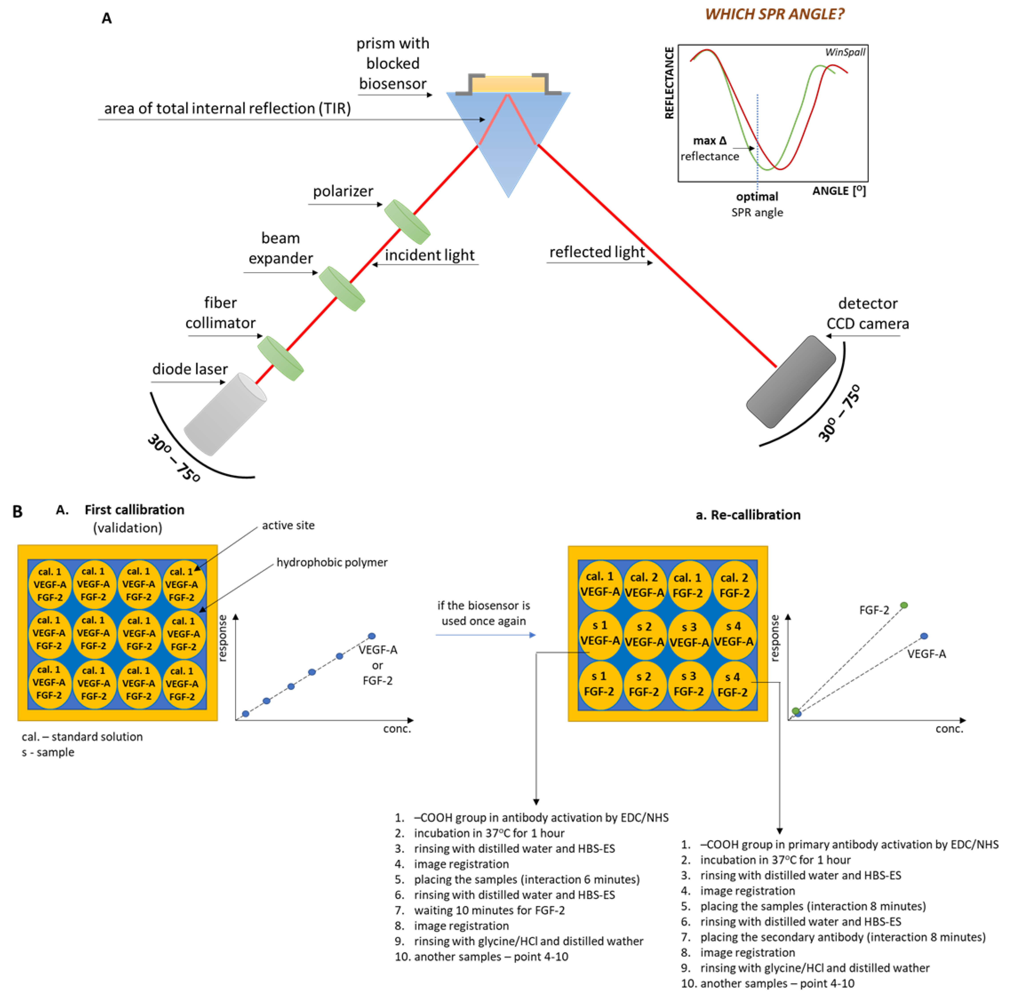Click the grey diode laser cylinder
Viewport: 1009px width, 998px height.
pos(225,414)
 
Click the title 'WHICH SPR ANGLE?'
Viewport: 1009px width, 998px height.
pos(774,14)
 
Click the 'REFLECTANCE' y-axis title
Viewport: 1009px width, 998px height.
pos(669,83)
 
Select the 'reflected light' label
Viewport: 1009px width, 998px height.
pos(597,252)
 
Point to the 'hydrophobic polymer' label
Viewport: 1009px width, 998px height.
pos(332,562)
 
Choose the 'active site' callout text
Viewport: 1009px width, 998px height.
pos(288,525)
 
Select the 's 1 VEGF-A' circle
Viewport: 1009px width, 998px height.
pos(600,633)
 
